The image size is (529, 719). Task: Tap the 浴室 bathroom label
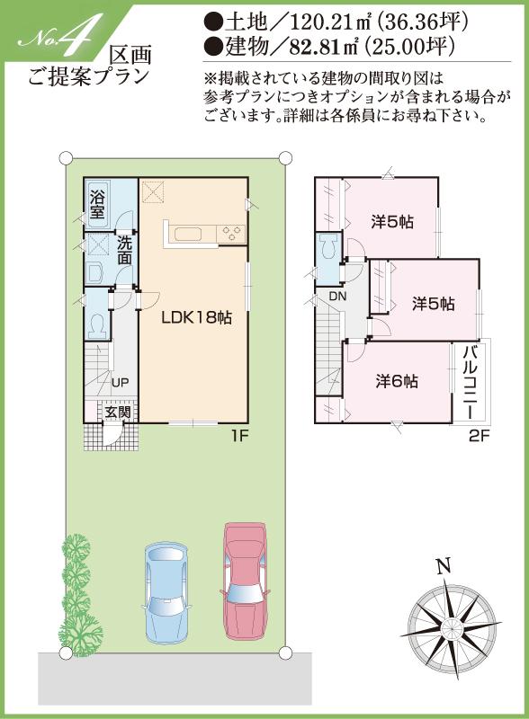click(96, 204)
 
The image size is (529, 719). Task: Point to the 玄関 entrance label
click(116, 413)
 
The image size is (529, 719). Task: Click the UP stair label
click(120, 382)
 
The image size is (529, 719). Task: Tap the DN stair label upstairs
click(336, 297)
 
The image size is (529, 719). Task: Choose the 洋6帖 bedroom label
click(397, 380)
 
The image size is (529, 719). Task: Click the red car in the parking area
click(245, 575)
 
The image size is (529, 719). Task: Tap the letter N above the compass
click(442, 566)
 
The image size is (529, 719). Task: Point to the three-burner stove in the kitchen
click(232, 234)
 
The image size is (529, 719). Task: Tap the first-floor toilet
click(97, 321)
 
